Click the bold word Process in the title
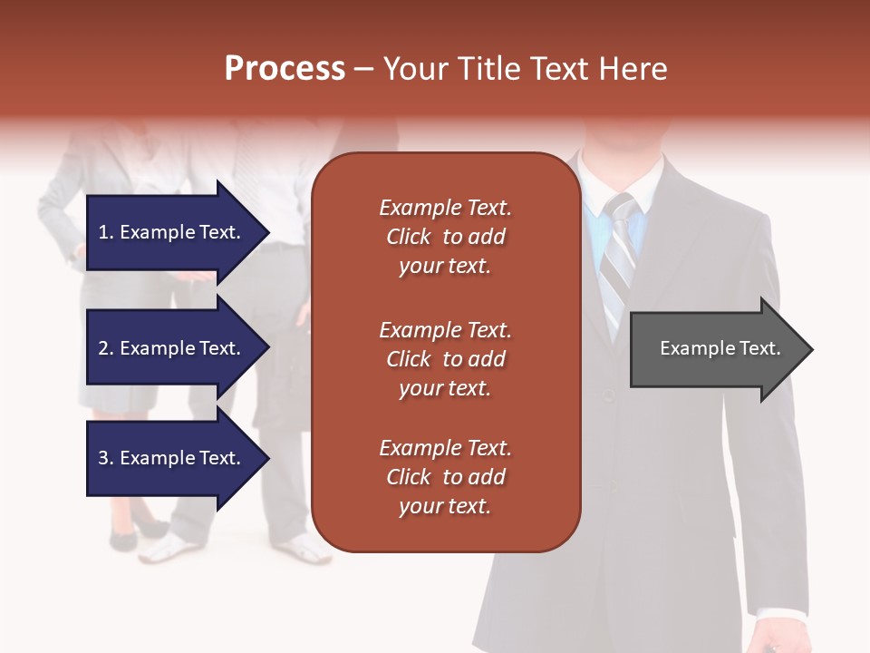(285, 69)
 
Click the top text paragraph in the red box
(445, 237)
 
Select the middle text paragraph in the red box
(445, 359)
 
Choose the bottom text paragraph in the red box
(445, 477)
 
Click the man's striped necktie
(619, 258)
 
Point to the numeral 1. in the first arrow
(106, 232)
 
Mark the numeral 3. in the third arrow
(106, 458)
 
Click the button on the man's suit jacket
(609, 395)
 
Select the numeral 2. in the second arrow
(106, 348)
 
